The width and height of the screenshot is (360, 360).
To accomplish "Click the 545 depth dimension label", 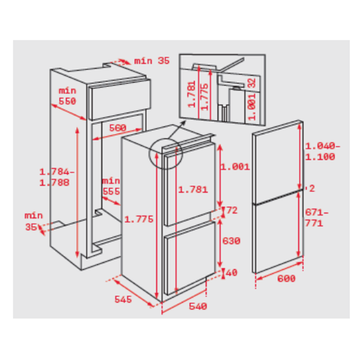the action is click(123, 299).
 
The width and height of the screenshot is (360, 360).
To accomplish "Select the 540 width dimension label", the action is click(198, 306).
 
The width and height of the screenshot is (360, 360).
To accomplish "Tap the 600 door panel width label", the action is click(286, 278).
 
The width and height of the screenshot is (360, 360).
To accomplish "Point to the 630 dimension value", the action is click(232, 241).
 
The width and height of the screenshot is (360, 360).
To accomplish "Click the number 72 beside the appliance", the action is click(232, 211).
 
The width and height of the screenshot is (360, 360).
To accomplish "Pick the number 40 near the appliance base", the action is click(232, 273).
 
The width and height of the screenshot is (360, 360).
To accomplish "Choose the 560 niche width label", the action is click(118, 128).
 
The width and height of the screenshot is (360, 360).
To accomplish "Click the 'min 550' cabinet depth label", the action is click(67, 96).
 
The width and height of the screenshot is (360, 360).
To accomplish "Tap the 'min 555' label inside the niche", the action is click(111, 186).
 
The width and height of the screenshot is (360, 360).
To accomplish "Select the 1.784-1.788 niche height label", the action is click(56, 177).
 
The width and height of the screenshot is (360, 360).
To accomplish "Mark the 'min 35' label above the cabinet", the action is click(152, 61).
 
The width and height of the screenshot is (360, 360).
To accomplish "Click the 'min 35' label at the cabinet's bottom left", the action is click(34, 221).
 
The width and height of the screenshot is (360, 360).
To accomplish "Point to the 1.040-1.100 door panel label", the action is click(322, 151).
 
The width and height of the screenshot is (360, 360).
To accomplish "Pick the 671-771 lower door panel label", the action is click(316, 218).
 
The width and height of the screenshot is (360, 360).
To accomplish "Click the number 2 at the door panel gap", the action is click(312, 188).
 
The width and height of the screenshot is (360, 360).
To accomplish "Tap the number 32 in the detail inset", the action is click(252, 83).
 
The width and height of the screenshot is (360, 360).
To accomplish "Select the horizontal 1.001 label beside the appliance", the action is click(235, 167).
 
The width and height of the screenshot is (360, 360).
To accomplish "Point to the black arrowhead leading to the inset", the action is click(183, 123).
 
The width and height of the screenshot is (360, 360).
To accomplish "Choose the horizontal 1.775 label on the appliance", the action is click(139, 219).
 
